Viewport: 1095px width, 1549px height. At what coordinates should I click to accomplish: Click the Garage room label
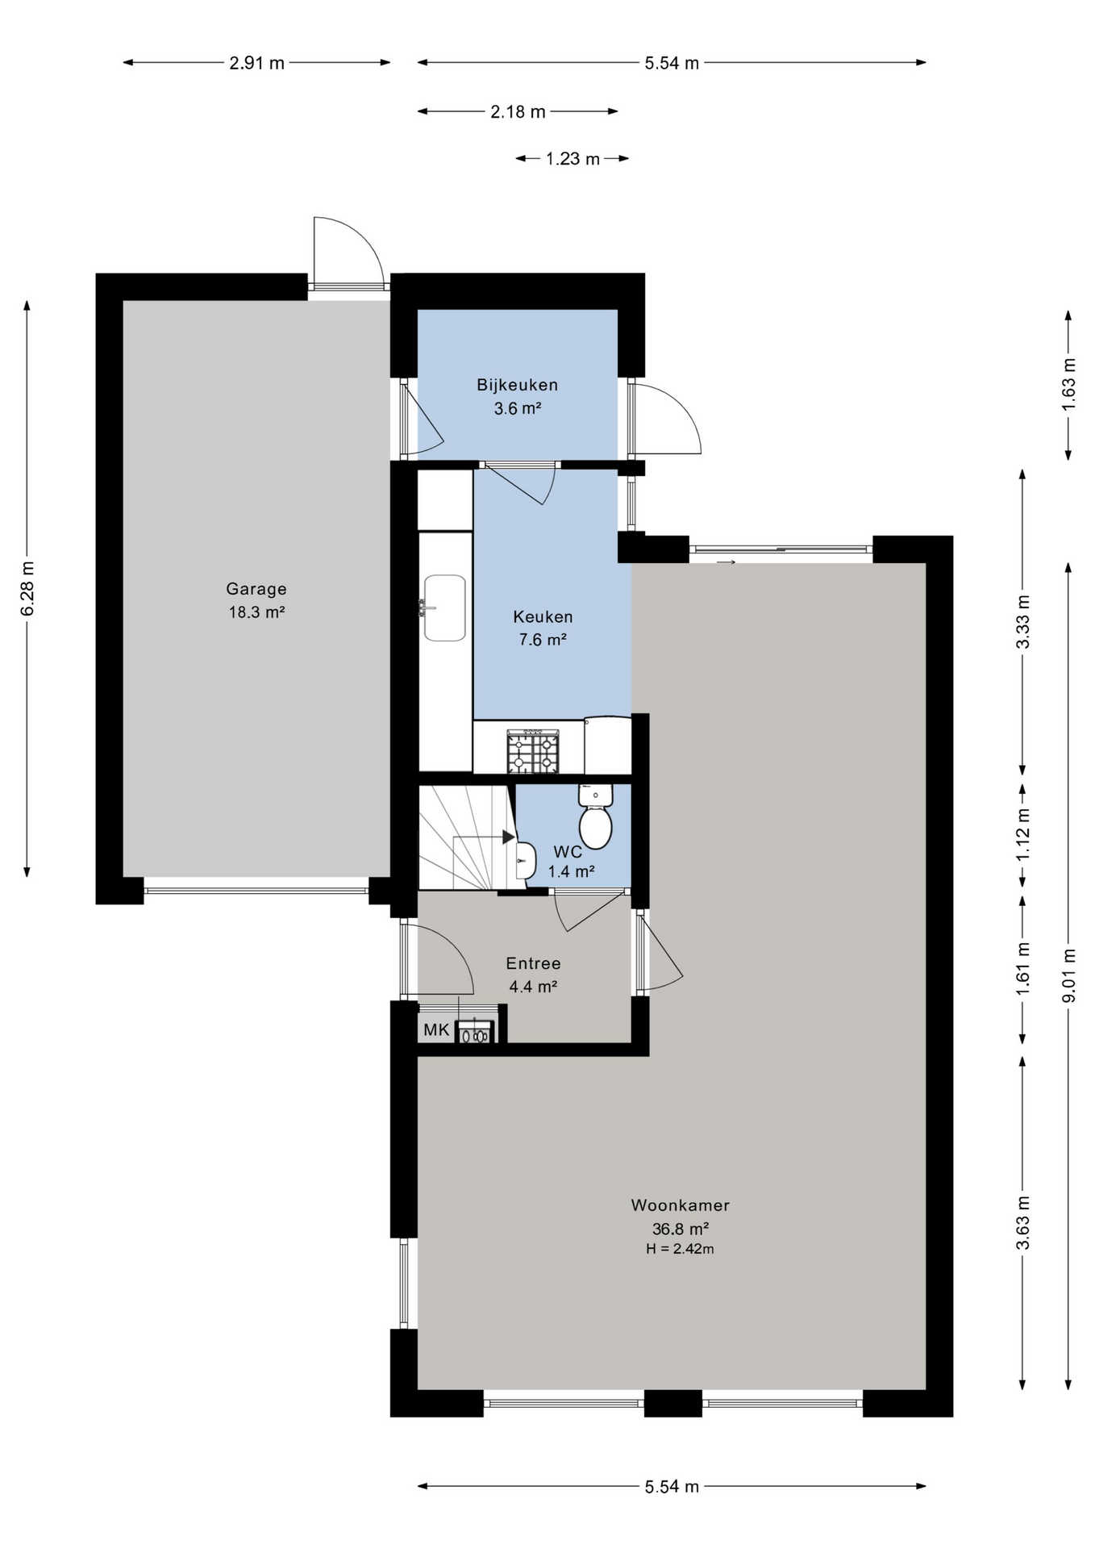pyautogui.click(x=256, y=589)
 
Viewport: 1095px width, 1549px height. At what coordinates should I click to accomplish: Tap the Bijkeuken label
pyautogui.click(x=517, y=385)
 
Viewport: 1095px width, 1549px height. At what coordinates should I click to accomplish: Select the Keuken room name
pyautogui.click(x=543, y=617)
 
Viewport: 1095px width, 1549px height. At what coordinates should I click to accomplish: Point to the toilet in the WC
pyautogui.click(x=595, y=816)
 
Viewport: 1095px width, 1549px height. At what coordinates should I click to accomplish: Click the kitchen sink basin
pyautogui.click(x=444, y=607)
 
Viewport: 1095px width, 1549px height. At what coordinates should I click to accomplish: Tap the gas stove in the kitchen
pyautogui.click(x=532, y=752)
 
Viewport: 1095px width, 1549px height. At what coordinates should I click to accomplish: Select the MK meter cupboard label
pyautogui.click(x=436, y=1030)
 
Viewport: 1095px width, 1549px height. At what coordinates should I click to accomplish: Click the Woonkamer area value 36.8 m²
pyautogui.click(x=681, y=1230)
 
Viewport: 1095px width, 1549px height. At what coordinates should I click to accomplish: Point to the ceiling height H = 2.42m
pyautogui.click(x=680, y=1250)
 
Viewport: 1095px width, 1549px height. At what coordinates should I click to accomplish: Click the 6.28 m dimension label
pyautogui.click(x=27, y=588)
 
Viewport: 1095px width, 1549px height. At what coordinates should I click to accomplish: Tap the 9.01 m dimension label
pyautogui.click(x=1069, y=975)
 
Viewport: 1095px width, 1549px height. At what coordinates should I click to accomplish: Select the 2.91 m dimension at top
pyautogui.click(x=257, y=63)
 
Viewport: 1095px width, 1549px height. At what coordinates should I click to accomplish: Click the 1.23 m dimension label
pyautogui.click(x=572, y=159)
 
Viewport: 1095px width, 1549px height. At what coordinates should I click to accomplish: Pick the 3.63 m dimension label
pyautogui.click(x=1023, y=1222)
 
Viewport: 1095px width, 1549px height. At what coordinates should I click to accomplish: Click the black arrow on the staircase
pyautogui.click(x=509, y=837)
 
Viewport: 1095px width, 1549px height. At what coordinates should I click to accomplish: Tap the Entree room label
pyautogui.click(x=533, y=963)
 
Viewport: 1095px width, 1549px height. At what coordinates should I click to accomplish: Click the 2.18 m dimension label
pyautogui.click(x=518, y=112)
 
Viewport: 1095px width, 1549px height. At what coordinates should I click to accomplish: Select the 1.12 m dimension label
pyautogui.click(x=1023, y=834)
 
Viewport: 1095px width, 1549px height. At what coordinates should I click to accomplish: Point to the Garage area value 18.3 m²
pyautogui.click(x=256, y=612)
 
